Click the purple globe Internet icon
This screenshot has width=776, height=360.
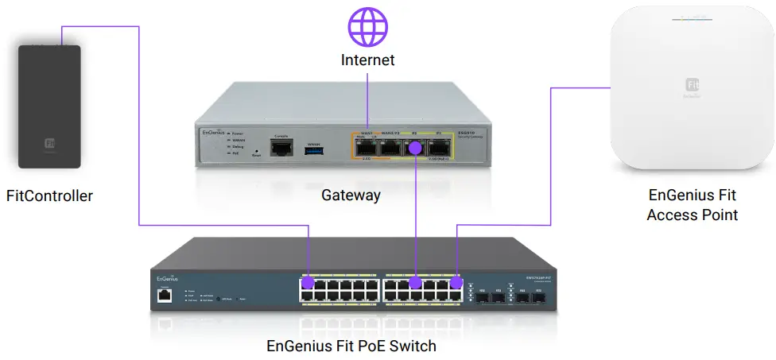coord(367,25)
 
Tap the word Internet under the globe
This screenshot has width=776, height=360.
coord(367,60)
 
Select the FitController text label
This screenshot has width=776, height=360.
coord(49,195)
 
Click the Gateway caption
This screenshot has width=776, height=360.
coord(351,195)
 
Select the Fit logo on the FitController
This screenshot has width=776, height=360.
coord(50,145)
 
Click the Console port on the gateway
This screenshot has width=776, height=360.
coord(280,148)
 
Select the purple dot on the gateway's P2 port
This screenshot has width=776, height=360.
coord(413,147)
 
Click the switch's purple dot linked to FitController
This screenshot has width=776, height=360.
coord(308,283)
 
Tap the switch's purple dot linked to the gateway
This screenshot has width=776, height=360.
coord(414,282)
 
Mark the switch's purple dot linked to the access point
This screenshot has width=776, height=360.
coord(456,282)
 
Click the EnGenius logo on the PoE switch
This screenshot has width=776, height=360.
coord(166,278)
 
